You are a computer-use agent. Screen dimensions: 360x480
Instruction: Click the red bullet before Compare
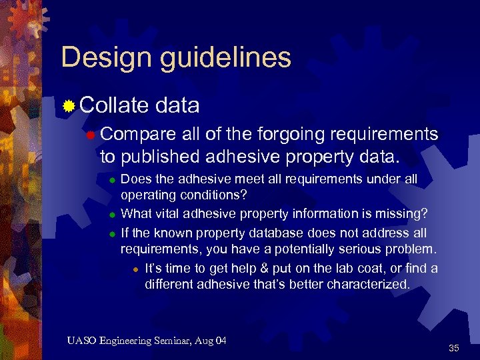[x=91, y=135]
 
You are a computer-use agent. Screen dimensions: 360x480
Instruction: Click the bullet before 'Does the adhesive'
[x=113, y=179]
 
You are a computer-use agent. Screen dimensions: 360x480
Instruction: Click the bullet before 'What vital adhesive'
[x=113, y=214]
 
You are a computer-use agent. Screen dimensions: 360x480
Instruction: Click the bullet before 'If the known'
[x=113, y=233]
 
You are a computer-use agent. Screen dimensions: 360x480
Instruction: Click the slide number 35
[x=454, y=348]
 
